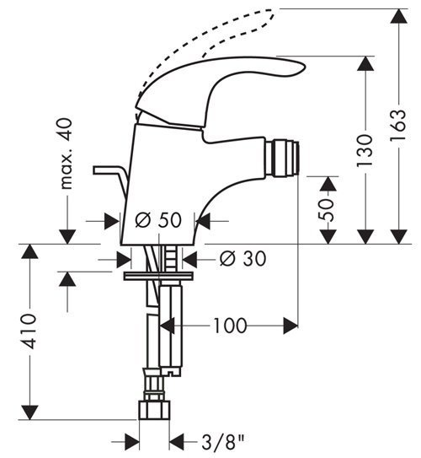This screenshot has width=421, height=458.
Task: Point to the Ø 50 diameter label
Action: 158,220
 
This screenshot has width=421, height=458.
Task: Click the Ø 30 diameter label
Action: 242,259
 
